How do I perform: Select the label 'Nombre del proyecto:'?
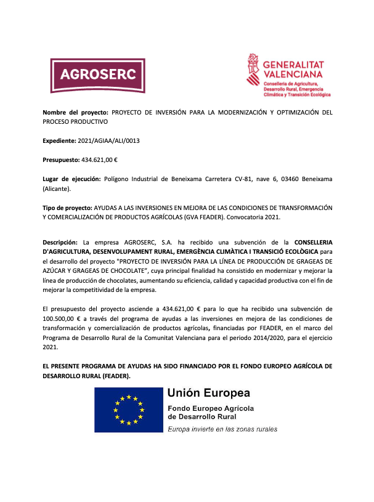(75, 113)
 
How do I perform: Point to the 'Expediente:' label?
(59, 141)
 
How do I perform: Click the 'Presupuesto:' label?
(61, 160)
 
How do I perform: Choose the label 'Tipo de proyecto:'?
(67, 208)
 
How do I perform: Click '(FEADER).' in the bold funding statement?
(115, 376)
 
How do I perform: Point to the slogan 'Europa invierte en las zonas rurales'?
(222, 429)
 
